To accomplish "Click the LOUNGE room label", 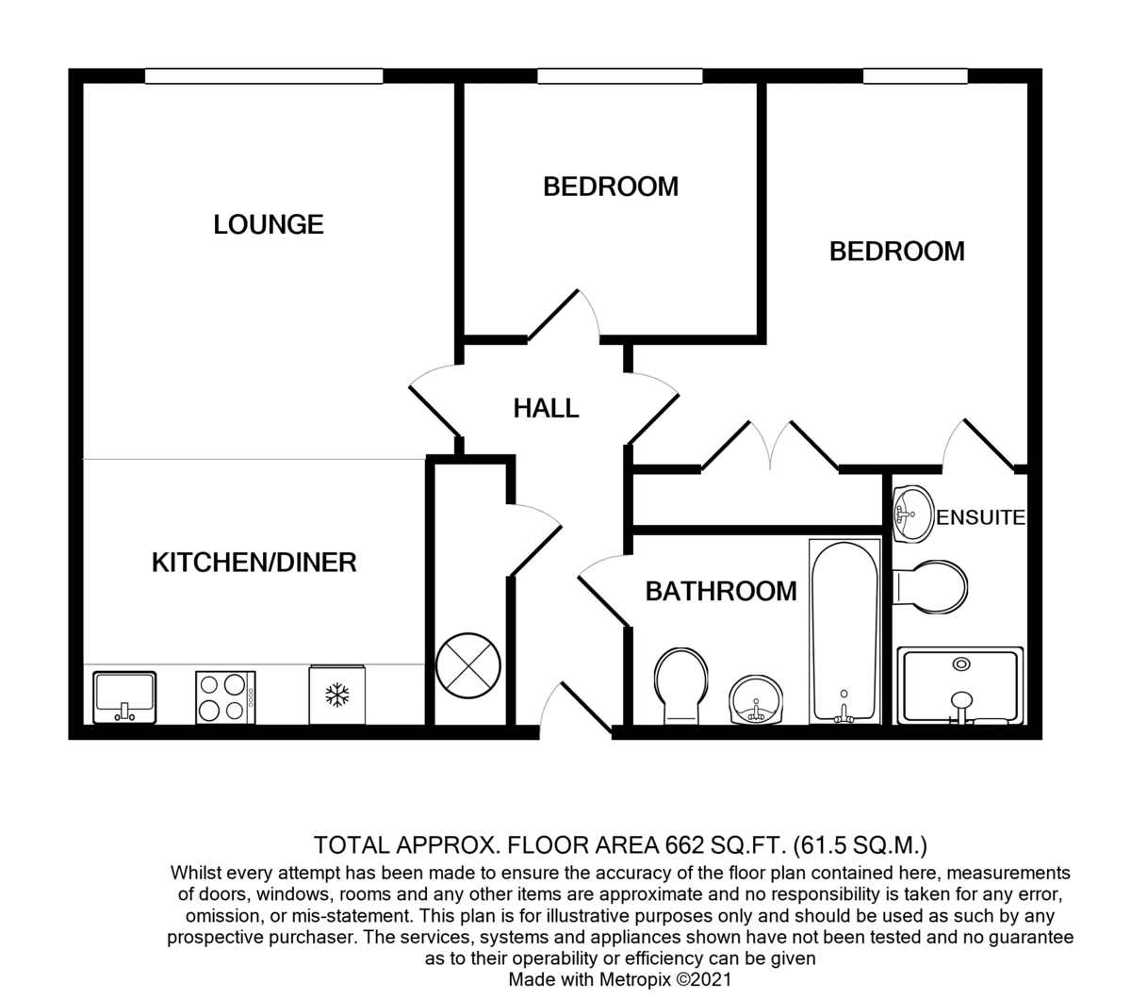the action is pos(269,224).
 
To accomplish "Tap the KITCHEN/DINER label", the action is pos(254,562).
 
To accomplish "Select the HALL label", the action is pos(546,409).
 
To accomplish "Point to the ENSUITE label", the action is pos(981,517).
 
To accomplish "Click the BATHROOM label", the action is pos(721,591).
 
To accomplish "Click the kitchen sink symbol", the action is pos(124,697).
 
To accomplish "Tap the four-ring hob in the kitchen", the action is pos(225,697).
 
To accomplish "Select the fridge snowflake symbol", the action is pos(337,695).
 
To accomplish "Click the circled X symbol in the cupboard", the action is pos(467,665).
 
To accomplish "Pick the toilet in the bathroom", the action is pos(681,686).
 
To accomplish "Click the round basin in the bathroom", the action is pos(756,700).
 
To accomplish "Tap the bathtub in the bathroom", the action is pos(844,630).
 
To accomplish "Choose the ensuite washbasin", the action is pos(913,514).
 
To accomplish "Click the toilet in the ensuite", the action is pos(930,587).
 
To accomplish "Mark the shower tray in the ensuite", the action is pos(960,685).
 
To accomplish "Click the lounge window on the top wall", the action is pos(264,76).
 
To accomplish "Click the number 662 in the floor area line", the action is pos(684,845).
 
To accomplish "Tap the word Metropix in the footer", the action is pos(634,979).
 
